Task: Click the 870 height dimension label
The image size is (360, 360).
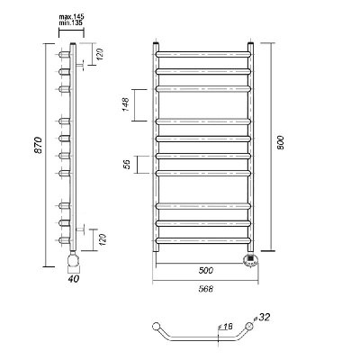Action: tap(38, 146)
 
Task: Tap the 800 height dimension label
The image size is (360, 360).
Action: tap(280, 143)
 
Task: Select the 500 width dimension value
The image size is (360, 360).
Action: tap(206, 270)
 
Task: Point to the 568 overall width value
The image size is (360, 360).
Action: tap(206, 289)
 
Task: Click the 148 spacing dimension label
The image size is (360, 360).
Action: tap(125, 104)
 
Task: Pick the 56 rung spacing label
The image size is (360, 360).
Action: tap(127, 164)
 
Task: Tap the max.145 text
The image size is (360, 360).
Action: tap(71, 17)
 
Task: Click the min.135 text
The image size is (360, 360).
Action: tap(71, 22)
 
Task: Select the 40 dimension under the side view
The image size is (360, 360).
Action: tap(74, 279)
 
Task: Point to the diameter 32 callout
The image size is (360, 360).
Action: tap(262, 317)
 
